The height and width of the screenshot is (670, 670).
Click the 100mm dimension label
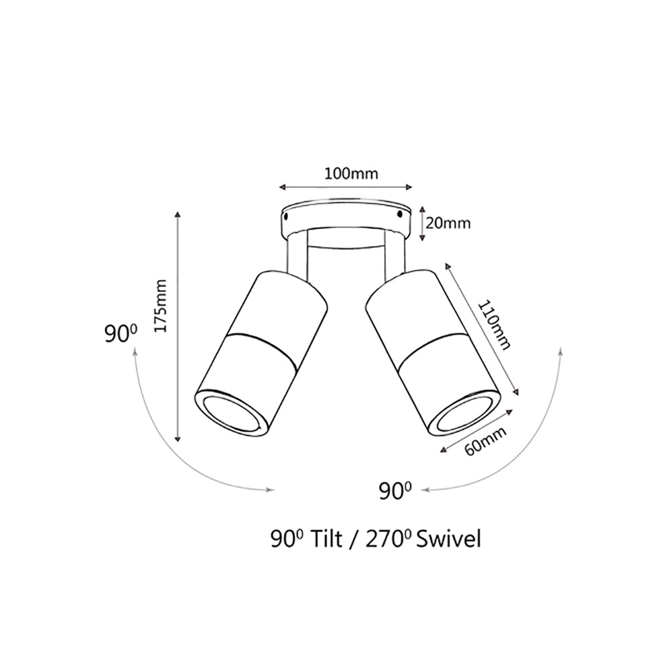click(x=351, y=174)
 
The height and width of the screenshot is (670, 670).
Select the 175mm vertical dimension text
click(x=159, y=306)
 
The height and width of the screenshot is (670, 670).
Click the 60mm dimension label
click(x=484, y=442)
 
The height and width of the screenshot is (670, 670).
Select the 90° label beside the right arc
click(x=395, y=492)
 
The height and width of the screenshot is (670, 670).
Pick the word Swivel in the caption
click(x=448, y=539)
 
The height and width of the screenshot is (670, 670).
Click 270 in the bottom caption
click(x=384, y=539)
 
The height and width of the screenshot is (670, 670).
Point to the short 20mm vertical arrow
click(x=422, y=224)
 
